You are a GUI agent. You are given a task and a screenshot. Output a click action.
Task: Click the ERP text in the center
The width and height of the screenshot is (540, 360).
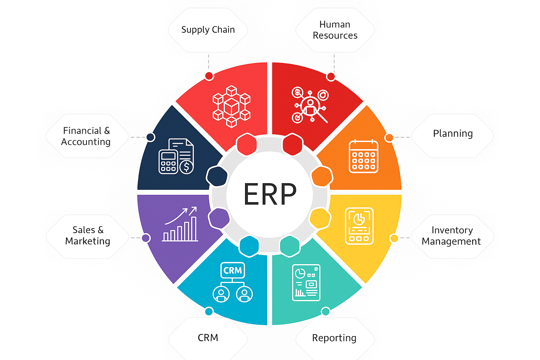[270, 194]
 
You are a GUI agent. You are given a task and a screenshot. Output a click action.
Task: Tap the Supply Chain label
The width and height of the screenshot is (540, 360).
[208, 30]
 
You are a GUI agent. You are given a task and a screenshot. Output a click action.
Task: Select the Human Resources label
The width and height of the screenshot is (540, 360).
[335, 30]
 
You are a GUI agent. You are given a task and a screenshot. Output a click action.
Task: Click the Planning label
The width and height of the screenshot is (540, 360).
[453, 134]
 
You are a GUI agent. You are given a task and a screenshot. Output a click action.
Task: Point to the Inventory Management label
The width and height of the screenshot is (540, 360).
[451, 236]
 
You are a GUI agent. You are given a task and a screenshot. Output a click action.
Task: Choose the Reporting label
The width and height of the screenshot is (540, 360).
[334, 338]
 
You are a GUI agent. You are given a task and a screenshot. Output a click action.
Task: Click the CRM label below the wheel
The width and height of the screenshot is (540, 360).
[208, 338]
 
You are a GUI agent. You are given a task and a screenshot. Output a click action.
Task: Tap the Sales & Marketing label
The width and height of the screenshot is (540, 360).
[88, 236]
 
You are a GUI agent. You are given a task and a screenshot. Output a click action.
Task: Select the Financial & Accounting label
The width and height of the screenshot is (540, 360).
[86, 136]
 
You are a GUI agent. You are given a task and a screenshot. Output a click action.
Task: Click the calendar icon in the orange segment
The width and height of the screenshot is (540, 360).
[364, 156]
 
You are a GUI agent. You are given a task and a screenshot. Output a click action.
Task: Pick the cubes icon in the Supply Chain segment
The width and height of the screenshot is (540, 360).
[231, 106]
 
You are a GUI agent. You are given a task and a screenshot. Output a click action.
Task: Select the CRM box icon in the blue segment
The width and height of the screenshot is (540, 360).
[232, 270]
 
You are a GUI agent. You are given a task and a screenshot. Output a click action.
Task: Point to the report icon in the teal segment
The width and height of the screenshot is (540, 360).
[306, 283]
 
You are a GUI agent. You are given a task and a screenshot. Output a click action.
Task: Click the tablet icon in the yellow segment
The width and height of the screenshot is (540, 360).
[359, 226]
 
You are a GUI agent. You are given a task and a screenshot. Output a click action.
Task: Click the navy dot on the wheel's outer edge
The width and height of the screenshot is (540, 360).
[150, 137]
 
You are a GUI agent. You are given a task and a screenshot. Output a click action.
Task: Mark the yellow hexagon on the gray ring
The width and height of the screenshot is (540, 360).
[320, 218]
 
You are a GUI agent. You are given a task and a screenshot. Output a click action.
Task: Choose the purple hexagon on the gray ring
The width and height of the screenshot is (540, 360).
[219, 218]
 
